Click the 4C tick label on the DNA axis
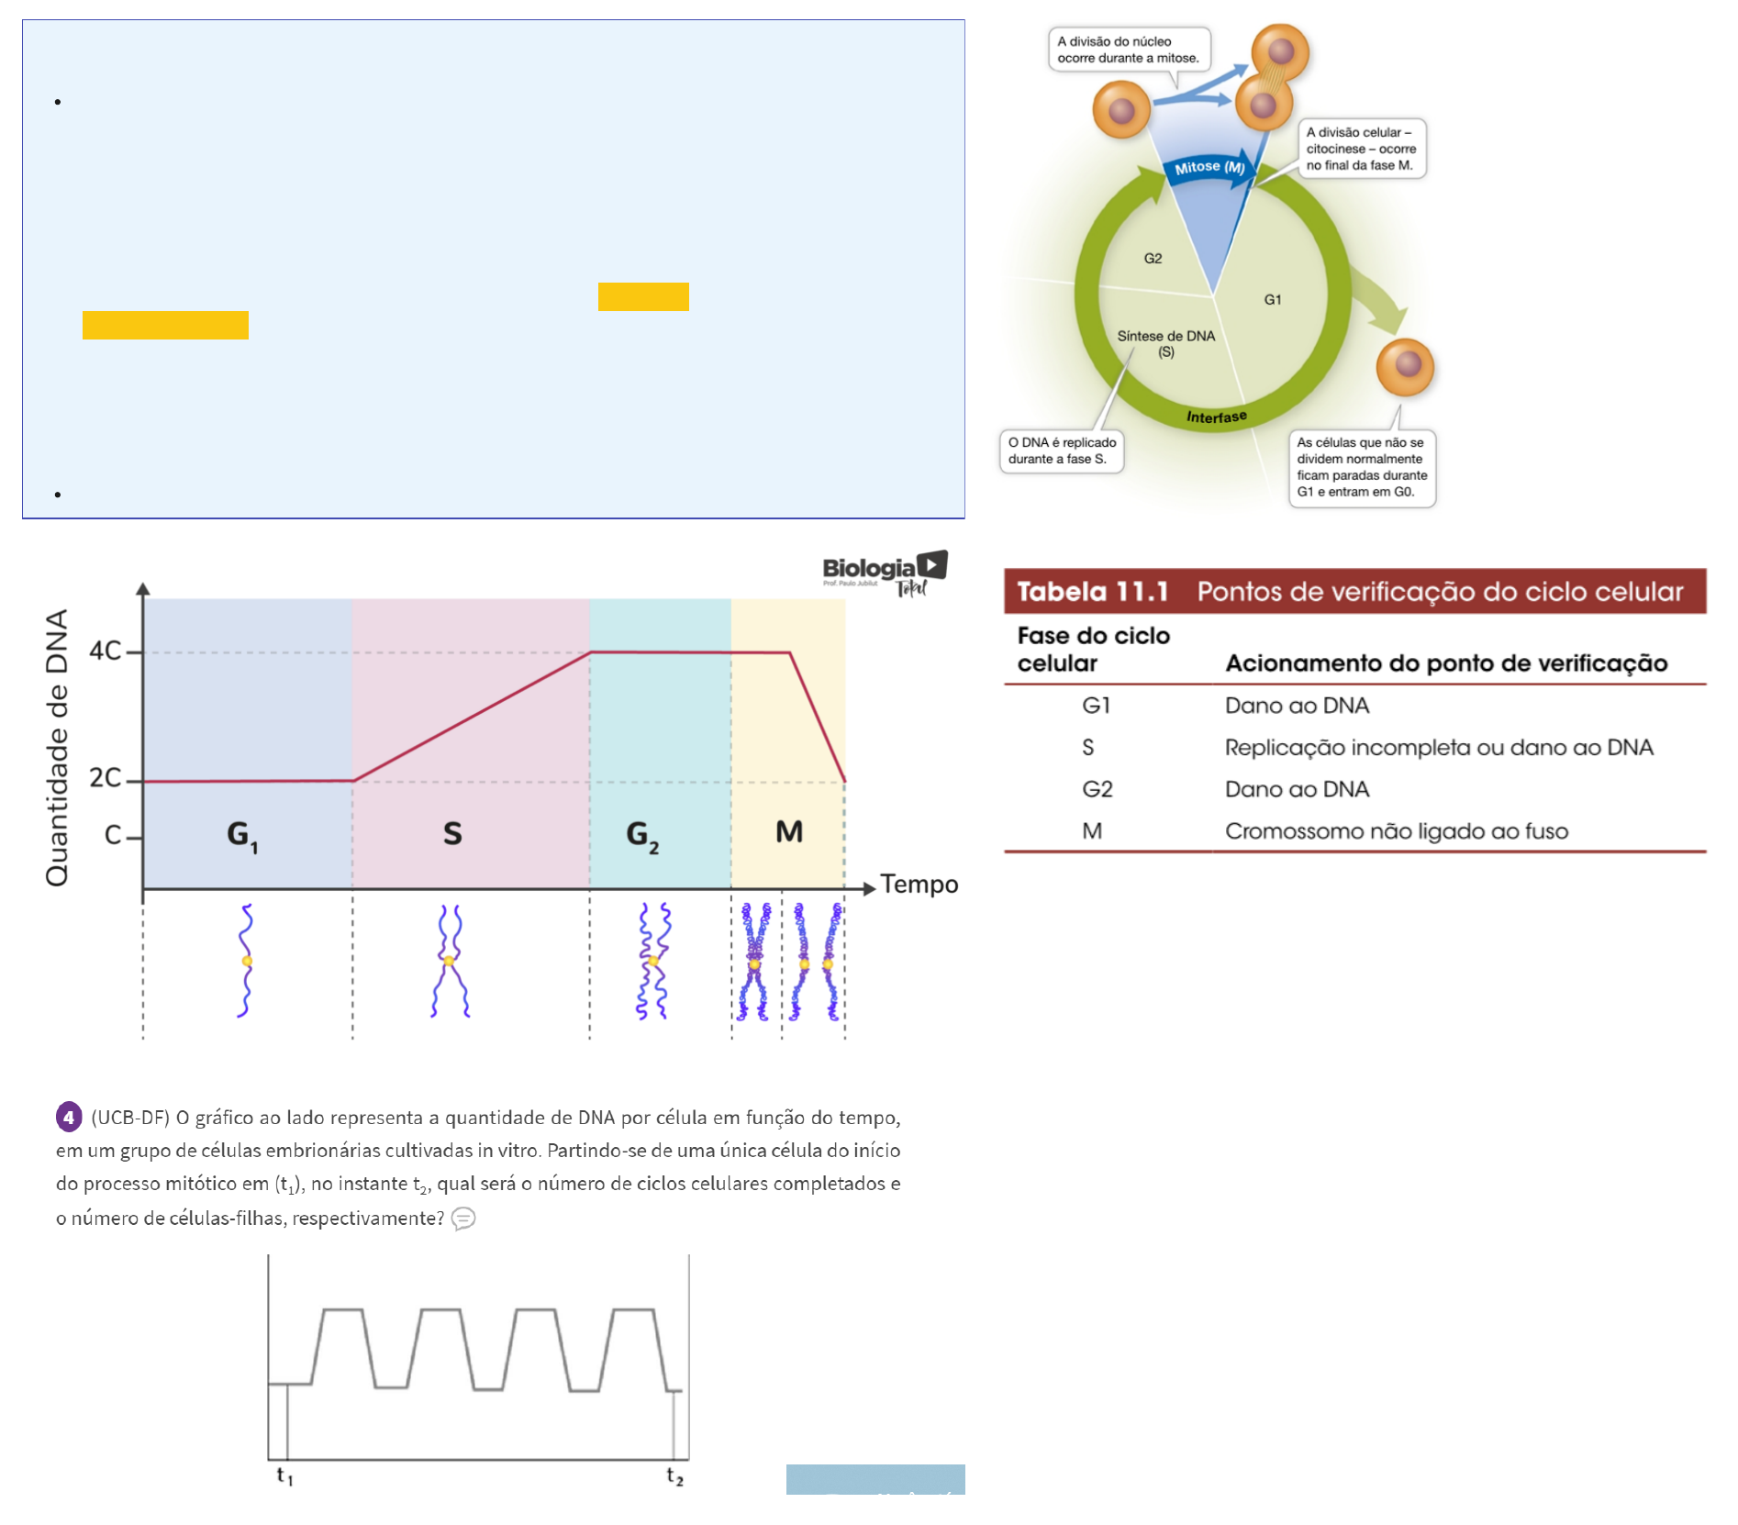[105, 651]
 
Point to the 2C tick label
[105, 778]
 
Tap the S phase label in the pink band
[452, 833]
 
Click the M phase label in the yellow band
[789, 832]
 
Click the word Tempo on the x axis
[919, 885]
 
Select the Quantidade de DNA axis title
[57, 747]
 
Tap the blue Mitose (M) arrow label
[1209, 167]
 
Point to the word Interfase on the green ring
[1217, 417]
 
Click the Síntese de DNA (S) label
[1165, 343]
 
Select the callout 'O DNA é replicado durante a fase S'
[1062, 451]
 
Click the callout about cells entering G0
[1362, 467]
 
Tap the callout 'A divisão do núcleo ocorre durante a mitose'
[1128, 50]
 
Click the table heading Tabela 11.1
[1092, 592]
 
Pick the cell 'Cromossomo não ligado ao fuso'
[1396, 831]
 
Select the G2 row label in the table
[1097, 789]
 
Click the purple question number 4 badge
[69, 1117]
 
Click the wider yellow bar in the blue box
[165, 325]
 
